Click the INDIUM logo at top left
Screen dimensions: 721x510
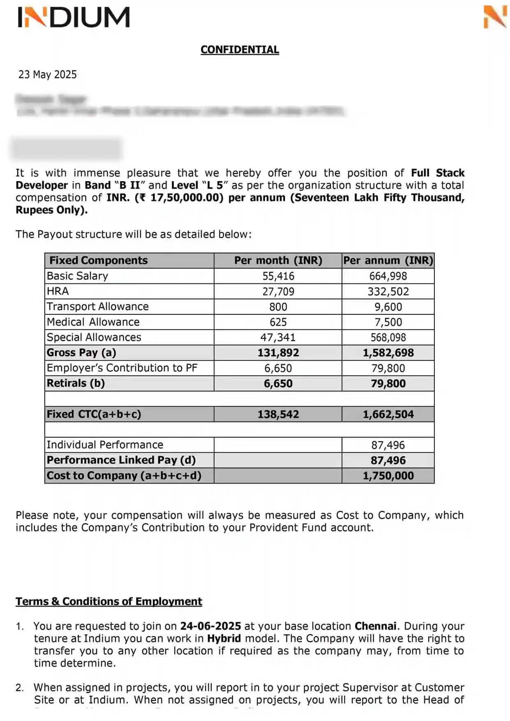(74, 17)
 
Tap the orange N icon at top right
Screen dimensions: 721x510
(495, 17)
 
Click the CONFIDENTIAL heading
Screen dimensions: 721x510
(240, 50)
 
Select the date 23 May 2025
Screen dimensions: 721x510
(48, 74)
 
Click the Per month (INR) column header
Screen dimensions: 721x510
(278, 260)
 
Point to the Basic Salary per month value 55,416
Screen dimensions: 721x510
(278, 276)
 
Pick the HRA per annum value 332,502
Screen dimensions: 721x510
(388, 292)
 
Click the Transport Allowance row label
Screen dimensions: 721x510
(98, 306)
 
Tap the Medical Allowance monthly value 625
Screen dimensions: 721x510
(278, 322)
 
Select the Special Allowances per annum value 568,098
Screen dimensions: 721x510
(388, 338)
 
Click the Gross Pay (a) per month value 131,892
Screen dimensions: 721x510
(278, 353)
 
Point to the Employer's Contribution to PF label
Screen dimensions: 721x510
(122, 368)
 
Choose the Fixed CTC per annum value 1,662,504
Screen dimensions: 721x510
(388, 414)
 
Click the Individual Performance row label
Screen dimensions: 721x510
(105, 445)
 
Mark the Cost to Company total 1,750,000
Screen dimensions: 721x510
(388, 476)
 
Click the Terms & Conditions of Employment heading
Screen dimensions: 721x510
(109, 601)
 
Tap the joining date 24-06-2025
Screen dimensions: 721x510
(210, 626)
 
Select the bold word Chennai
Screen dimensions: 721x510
(376, 626)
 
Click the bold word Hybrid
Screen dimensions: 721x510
(224, 638)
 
